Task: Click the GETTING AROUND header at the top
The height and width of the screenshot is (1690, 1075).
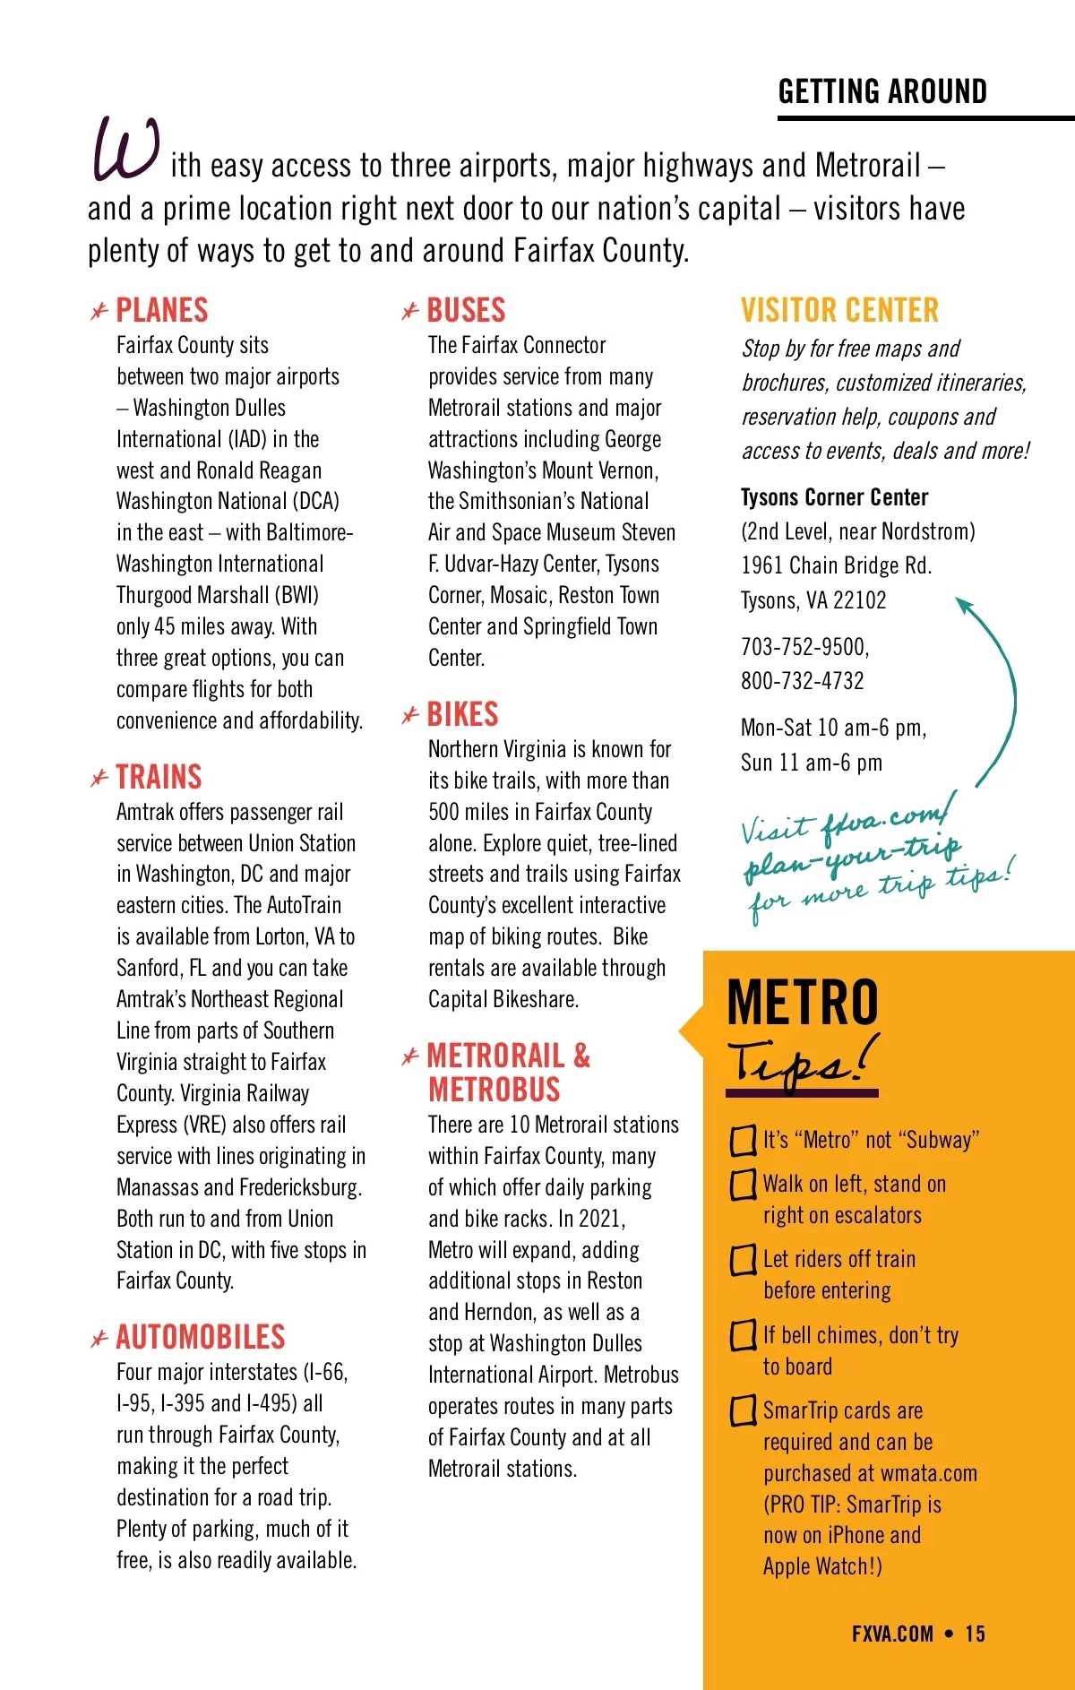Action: [882, 91]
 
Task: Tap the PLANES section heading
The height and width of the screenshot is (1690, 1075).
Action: [162, 311]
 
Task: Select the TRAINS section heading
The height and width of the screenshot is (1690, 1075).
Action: [159, 777]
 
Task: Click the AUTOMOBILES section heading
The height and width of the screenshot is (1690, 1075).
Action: [201, 1337]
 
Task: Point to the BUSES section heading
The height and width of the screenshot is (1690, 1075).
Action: [466, 311]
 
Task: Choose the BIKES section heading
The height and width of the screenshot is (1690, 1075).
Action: [462, 715]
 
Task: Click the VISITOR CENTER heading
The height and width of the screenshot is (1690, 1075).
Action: [839, 311]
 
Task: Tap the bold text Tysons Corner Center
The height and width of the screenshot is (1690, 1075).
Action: [834, 497]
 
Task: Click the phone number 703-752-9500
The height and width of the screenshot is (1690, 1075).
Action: [804, 647]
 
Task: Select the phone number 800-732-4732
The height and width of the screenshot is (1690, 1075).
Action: [802, 681]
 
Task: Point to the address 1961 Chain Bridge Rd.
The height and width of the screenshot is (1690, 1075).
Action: [836, 566]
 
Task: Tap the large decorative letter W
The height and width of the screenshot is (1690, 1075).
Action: [126, 150]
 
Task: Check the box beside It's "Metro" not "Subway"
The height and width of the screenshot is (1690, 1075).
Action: [743, 1141]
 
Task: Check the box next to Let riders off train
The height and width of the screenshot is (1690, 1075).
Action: [743, 1260]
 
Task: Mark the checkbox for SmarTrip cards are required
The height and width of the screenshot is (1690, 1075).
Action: [743, 1411]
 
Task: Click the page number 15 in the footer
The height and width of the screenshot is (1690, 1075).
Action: [975, 1634]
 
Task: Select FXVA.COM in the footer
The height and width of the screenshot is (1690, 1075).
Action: [892, 1634]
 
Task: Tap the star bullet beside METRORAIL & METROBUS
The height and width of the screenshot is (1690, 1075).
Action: [410, 1057]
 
